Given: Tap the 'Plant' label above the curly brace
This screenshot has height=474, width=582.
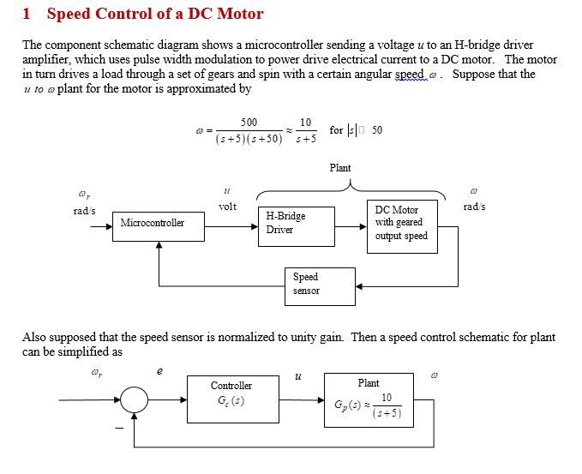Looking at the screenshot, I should coord(339,168).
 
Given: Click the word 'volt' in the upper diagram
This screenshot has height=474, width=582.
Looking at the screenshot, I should coord(227,207).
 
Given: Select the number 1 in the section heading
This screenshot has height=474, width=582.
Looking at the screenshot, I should coord(27,14).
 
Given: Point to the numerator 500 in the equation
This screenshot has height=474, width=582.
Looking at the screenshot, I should coord(249,123).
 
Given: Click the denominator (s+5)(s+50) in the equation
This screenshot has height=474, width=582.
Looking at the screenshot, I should coord(249,138).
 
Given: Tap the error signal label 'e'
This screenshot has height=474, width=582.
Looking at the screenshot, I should coord(159,370).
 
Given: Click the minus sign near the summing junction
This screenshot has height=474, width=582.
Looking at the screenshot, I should coord(120,426).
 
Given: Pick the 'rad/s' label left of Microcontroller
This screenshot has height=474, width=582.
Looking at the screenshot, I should coord(83,211).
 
